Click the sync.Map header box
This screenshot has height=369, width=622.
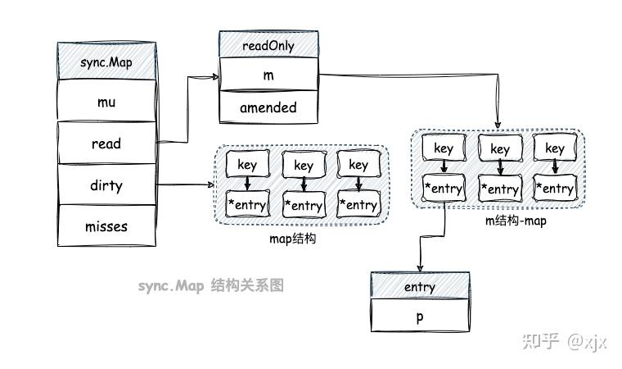click(106, 61)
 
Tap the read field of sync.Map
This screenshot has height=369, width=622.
click(106, 143)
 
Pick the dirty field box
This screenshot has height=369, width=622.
click(106, 185)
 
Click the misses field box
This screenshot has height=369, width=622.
click(106, 226)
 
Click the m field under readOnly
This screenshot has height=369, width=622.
click(268, 75)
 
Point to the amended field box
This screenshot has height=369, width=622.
click(268, 107)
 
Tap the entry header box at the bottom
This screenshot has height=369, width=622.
click(419, 287)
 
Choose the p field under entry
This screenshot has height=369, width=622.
click(419, 317)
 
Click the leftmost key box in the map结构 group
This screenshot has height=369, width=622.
click(246, 164)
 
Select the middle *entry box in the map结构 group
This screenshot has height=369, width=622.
click(303, 204)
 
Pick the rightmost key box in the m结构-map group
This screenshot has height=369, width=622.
click(554, 148)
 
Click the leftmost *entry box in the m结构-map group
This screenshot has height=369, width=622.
click(443, 188)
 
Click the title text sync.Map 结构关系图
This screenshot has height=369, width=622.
click(210, 286)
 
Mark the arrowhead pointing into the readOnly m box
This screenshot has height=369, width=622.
click(216, 76)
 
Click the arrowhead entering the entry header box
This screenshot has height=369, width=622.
click(420, 269)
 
